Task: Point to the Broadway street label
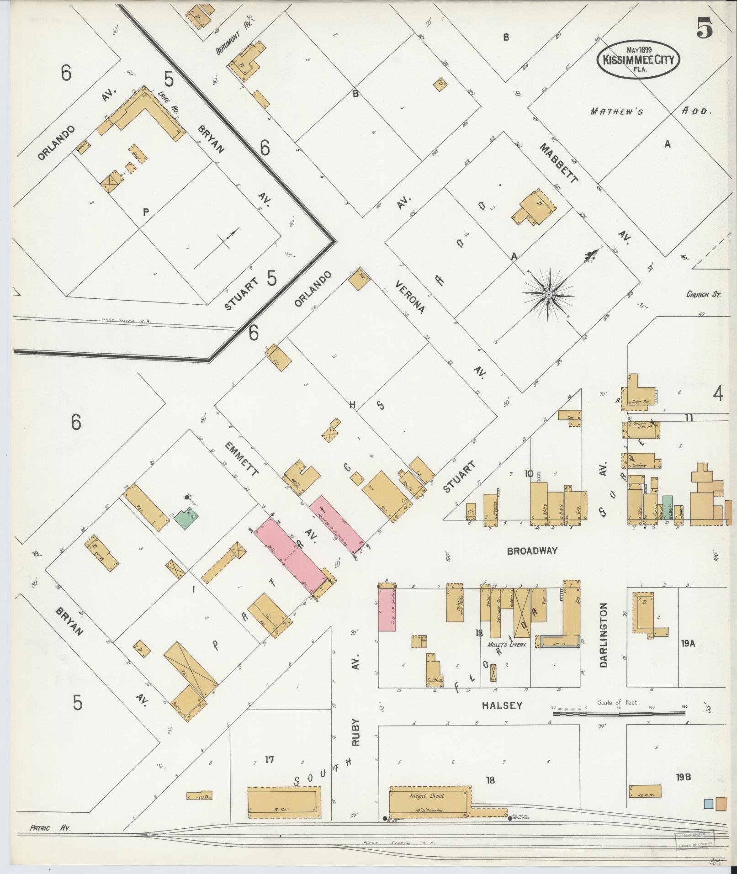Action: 532,551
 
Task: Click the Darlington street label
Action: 603,635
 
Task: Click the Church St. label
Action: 703,295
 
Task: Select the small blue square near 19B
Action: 708,803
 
